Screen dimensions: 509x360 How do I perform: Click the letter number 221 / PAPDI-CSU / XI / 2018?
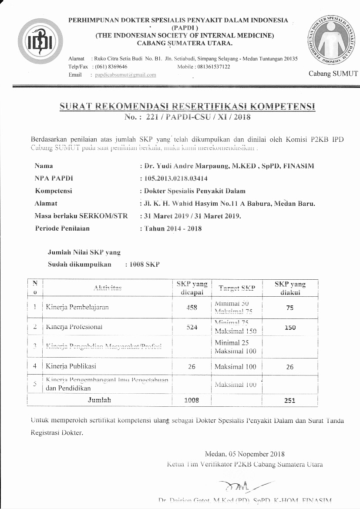(x=187, y=117)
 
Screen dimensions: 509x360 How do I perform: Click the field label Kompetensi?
(x=53, y=191)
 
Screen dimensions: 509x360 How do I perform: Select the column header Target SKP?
(x=237, y=288)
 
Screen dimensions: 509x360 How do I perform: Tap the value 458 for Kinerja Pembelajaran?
(x=192, y=307)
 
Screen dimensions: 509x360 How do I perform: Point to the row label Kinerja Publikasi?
(x=71, y=366)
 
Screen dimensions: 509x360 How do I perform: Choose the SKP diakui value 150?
(x=290, y=328)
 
